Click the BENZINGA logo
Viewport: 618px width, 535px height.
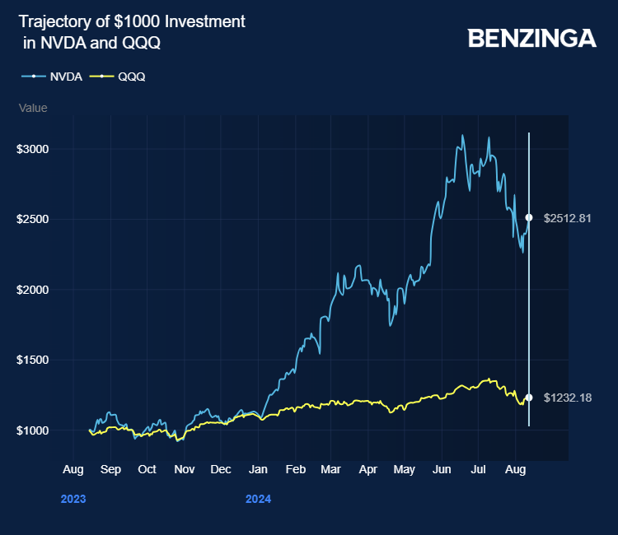pos(531,38)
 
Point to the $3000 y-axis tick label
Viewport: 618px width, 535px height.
pos(34,149)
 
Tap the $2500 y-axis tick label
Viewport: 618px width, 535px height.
pos(34,220)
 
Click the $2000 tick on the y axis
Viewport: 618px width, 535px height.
pos(34,290)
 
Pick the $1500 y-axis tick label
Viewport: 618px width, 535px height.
pos(34,360)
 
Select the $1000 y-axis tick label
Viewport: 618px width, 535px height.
pos(34,430)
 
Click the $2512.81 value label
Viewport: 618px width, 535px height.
pos(568,218)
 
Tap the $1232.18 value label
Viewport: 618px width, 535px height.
pos(568,398)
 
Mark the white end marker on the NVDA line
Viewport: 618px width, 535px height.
pos(529,218)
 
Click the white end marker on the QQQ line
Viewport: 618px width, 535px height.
pos(529,398)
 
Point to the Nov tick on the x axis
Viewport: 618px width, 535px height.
pos(184,469)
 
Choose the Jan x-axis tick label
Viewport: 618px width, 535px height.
pos(258,469)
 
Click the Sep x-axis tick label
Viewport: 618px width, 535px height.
pos(110,469)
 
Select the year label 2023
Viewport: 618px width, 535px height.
pos(73,499)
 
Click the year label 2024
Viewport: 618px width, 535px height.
pos(258,499)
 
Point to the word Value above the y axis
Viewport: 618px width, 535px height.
pos(33,108)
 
